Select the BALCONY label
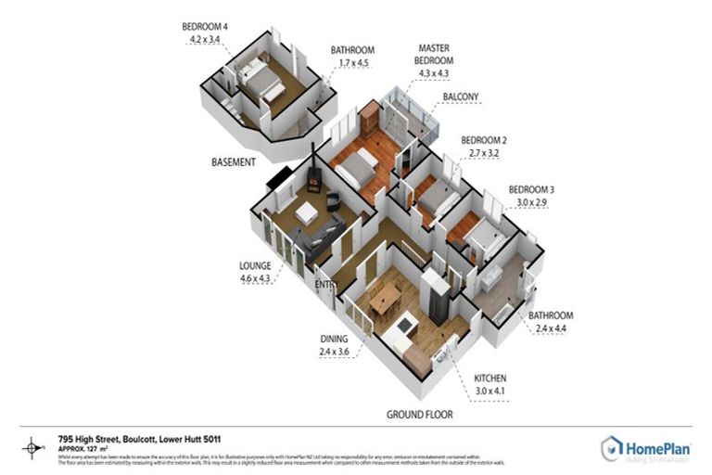[x=461, y=96]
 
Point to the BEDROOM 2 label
[x=484, y=140]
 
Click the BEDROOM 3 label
[x=531, y=189]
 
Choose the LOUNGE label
[x=255, y=265]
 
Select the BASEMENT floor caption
[x=233, y=162]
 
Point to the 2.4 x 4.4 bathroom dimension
[x=551, y=327]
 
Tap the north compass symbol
[x=33, y=446]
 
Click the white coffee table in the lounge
[x=307, y=212]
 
